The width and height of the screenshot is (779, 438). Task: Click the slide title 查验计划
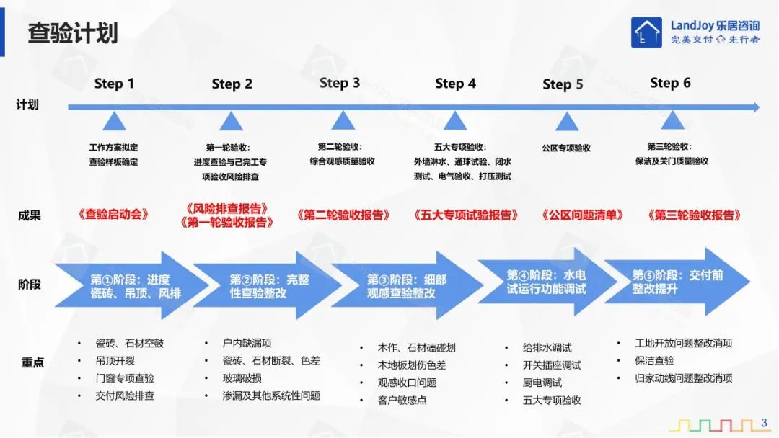click(73, 33)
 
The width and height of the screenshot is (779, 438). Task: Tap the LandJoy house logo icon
click(646, 32)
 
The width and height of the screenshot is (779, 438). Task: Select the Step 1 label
click(114, 84)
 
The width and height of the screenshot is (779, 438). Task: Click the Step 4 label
click(455, 84)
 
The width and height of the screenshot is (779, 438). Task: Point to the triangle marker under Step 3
click(343, 120)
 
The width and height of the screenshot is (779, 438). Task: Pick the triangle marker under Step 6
click(673, 120)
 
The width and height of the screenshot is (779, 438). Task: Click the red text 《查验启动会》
click(113, 214)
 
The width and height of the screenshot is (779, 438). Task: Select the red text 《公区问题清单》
click(582, 215)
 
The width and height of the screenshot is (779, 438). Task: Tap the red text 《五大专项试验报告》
click(465, 215)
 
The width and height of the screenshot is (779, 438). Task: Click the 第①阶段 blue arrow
click(132, 286)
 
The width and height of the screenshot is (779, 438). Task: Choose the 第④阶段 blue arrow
click(547, 282)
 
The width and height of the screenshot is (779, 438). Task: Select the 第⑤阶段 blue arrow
click(677, 282)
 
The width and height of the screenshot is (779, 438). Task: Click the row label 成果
click(29, 215)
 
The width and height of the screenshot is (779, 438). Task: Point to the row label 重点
click(32, 362)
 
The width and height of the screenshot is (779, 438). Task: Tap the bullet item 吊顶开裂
click(115, 361)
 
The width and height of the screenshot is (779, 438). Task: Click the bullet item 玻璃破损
click(242, 378)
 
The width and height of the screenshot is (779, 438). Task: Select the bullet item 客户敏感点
click(402, 400)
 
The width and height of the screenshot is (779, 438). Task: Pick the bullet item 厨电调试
click(542, 383)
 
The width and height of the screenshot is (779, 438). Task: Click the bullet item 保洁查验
click(654, 361)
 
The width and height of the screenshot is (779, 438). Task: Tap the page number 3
click(764, 423)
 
